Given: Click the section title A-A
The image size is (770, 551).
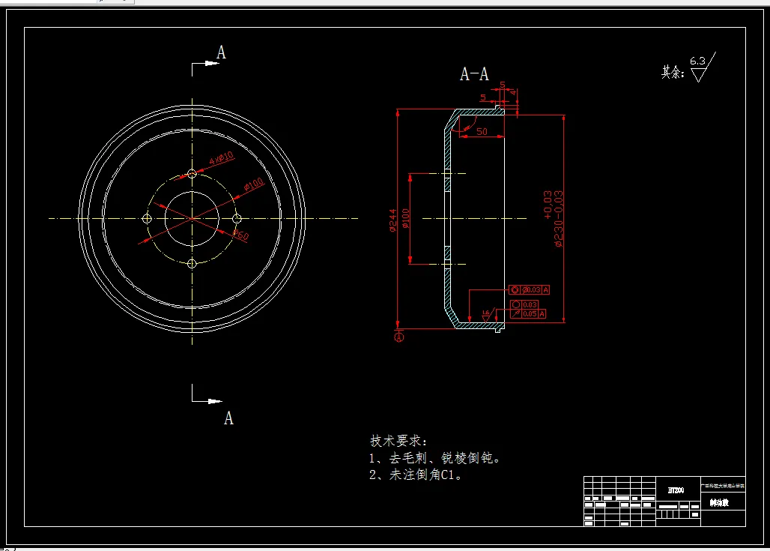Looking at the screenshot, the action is [474, 74].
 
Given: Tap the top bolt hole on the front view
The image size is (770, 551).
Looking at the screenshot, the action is [192, 174].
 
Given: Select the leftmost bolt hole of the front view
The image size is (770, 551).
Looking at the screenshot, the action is [147, 218].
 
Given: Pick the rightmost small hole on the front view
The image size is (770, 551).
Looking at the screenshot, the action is [237, 218].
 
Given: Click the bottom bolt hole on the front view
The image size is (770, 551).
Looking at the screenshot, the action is [192, 263].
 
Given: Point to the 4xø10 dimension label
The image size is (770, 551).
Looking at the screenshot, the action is [221, 158].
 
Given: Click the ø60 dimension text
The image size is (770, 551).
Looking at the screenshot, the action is [240, 235].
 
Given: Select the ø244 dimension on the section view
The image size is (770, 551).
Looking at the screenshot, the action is [392, 220].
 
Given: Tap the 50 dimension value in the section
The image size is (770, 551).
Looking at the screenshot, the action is [482, 132].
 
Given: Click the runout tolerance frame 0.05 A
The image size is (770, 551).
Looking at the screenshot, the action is [528, 313].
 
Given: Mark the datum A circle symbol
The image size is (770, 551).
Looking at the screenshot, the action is [399, 337].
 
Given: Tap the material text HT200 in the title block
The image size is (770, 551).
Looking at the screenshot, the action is [676, 490].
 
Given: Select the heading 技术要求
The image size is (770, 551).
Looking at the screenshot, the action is [398, 440].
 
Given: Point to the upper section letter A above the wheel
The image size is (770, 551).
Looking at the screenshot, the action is [221, 52].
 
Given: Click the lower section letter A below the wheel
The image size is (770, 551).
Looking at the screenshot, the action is [228, 418].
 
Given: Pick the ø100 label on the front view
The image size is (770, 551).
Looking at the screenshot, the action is [253, 184].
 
